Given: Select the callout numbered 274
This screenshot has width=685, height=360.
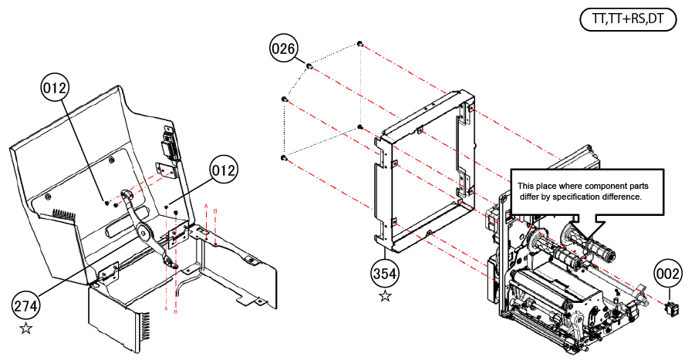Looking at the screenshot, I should [25, 306].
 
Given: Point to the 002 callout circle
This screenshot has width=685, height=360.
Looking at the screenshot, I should [668, 272].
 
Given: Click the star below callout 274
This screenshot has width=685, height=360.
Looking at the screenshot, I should [25, 329].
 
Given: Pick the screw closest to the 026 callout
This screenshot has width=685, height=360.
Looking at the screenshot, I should [309, 66].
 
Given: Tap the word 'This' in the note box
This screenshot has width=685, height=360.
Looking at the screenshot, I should [525, 186].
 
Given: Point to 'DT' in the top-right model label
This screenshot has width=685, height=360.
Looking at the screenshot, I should [655, 19].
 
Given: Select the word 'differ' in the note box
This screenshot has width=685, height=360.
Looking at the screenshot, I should [528, 197].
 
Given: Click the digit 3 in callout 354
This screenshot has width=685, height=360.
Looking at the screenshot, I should [377, 272].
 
